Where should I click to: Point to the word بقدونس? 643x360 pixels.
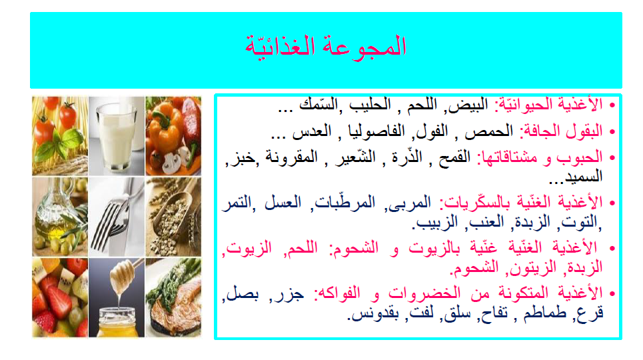click(372, 313)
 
